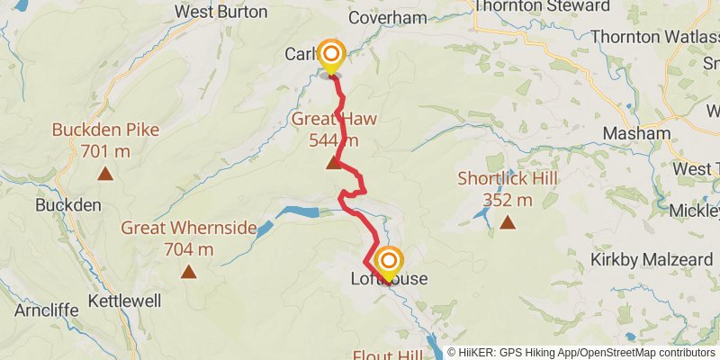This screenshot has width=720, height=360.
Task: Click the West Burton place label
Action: (x=220, y=12)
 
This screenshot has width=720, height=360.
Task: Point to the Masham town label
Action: (x=637, y=132)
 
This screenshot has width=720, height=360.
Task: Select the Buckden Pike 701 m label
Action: (x=105, y=139)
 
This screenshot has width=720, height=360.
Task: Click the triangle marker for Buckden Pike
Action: (x=105, y=174)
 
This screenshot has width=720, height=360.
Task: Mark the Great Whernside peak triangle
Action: (x=189, y=271)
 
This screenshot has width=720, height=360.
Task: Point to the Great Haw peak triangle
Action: (x=334, y=162)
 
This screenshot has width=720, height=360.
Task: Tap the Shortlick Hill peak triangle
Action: (x=508, y=221)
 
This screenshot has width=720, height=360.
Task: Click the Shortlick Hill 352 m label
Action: (x=508, y=188)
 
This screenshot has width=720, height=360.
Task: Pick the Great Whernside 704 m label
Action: (x=189, y=238)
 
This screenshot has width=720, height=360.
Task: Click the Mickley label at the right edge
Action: (x=701, y=211)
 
